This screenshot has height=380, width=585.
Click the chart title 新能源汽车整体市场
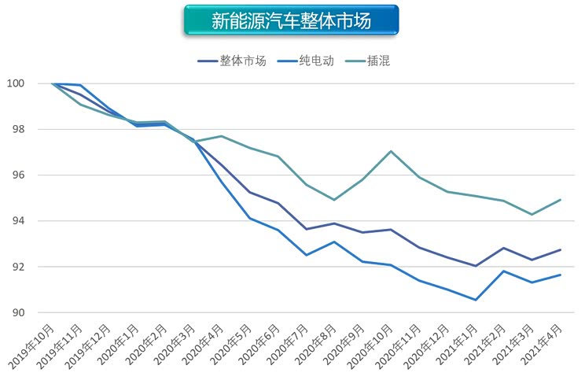tap(291, 20)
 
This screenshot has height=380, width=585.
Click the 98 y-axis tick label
tap(17, 129)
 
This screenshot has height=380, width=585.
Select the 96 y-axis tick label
tap(17, 175)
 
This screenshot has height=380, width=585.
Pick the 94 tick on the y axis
tap(17, 221)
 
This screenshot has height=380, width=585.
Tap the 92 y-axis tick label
tap(17, 267)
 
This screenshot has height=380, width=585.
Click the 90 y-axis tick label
tap(17, 313)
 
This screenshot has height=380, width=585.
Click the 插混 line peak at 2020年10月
tap(391, 151)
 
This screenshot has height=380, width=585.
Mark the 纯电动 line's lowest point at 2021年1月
tap(476, 300)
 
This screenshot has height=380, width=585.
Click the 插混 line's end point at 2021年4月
tap(560, 200)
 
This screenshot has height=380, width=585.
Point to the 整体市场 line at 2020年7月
tap(306, 229)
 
